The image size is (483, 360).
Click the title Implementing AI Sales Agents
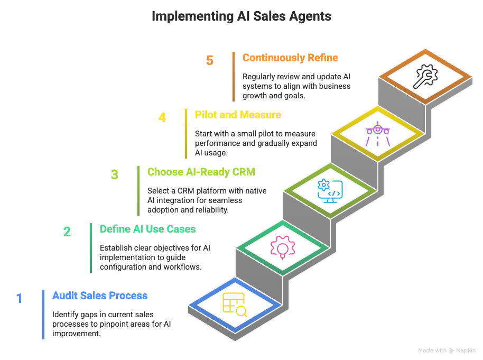241,16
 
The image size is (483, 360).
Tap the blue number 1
19,299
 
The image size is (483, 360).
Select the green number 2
67,232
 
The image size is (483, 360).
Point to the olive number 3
114,175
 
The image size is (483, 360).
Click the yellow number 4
162,117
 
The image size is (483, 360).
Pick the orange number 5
210,60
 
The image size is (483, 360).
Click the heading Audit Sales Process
99,296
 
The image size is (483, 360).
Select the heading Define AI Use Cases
147,229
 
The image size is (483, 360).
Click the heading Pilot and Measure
238,115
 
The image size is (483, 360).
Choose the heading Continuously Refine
290,58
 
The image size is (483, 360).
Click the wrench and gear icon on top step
425,75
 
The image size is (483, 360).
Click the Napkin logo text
465,350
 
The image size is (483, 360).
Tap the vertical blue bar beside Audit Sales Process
43,314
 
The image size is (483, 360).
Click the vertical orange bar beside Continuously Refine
233,76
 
